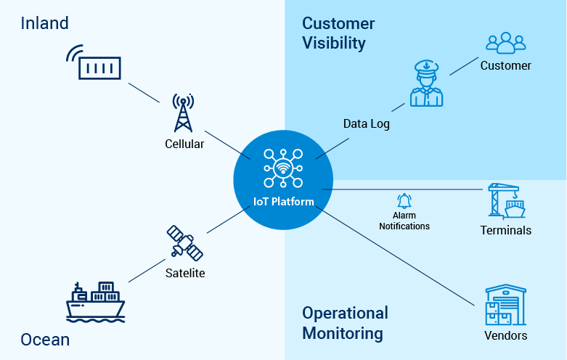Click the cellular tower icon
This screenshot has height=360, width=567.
[x=184, y=112]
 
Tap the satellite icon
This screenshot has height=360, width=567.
[x=184, y=243]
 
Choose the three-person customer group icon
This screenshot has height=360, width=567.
[x=505, y=43]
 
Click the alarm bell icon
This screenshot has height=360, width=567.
[x=404, y=201]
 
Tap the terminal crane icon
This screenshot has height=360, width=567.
[x=505, y=201]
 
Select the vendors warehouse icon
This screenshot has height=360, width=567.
[x=505, y=305]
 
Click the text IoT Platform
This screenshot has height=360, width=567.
[x=283, y=201]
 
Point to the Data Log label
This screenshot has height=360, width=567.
[x=366, y=124]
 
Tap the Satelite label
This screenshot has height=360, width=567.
[x=184, y=274]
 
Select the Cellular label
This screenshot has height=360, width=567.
[x=184, y=144]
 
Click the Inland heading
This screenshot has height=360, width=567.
[x=44, y=23]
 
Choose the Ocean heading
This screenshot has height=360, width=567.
[x=45, y=339]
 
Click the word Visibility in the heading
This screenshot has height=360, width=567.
[x=334, y=44]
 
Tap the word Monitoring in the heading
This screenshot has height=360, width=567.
[x=342, y=334]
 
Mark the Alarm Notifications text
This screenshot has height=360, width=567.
[x=404, y=221]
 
